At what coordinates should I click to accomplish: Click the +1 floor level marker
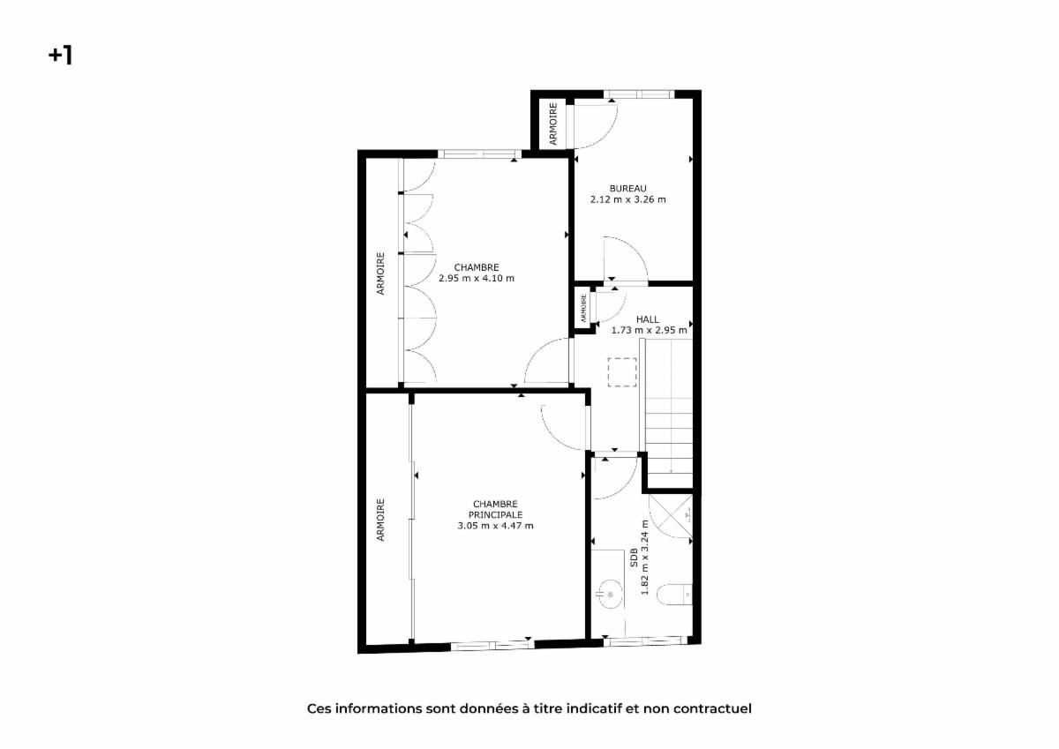(x=61, y=56)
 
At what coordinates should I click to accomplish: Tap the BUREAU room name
(x=627, y=189)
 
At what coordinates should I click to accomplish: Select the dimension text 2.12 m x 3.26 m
(x=627, y=199)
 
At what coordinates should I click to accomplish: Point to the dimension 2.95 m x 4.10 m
(x=477, y=278)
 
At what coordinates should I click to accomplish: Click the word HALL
(x=648, y=319)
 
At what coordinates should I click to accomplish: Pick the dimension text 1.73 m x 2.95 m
(x=650, y=330)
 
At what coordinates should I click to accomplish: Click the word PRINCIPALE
(x=495, y=514)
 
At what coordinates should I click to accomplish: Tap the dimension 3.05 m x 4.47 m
(x=495, y=526)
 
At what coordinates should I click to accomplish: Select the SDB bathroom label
(x=634, y=558)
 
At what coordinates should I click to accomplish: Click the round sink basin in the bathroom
(x=611, y=594)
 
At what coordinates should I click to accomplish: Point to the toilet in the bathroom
(x=674, y=595)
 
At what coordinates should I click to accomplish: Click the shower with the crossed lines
(x=671, y=516)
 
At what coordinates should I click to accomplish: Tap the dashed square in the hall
(x=622, y=372)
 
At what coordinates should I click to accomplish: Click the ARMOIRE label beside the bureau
(x=553, y=124)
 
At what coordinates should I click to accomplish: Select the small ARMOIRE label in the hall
(x=583, y=308)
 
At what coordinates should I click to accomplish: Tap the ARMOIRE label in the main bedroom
(x=380, y=520)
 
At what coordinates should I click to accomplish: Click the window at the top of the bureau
(x=639, y=94)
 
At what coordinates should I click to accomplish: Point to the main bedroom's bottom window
(x=492, y=645)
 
